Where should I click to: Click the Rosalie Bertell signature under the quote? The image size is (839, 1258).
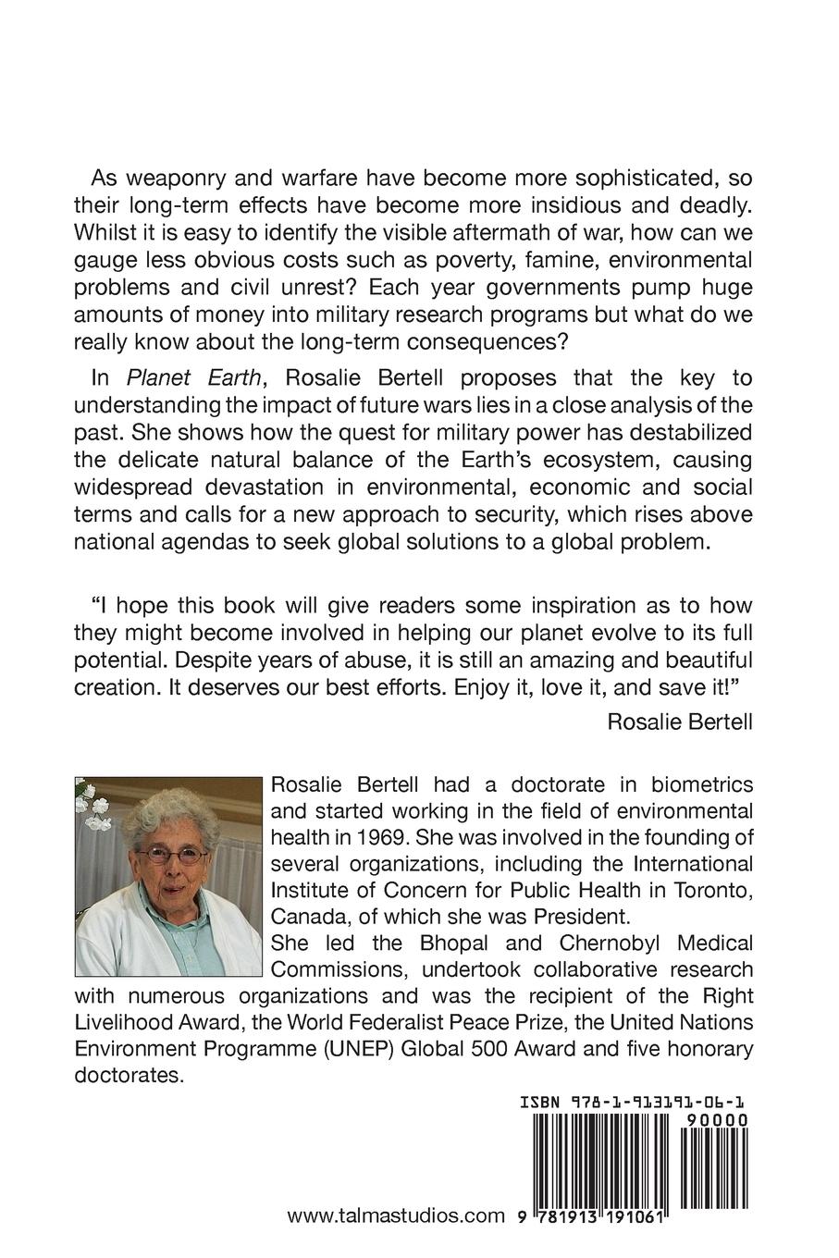click(680, 721)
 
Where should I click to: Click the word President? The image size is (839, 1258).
click(574, 918)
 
